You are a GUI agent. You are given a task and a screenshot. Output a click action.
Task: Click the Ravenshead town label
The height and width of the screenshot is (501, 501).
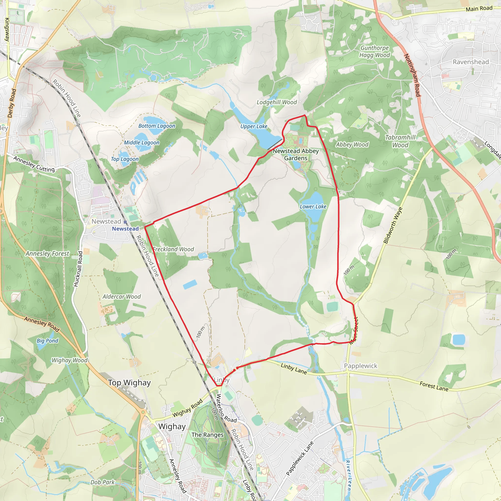[x=471, y=62]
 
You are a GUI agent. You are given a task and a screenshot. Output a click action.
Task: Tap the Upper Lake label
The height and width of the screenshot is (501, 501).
[x=254, y=126]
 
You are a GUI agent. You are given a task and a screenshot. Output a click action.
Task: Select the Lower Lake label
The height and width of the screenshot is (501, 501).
[x=313, y=207]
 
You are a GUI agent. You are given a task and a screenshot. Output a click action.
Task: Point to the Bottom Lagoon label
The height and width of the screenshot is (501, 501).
[x=157, y=126]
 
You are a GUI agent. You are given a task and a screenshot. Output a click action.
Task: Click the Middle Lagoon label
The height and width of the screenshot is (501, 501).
[x=142, y=143]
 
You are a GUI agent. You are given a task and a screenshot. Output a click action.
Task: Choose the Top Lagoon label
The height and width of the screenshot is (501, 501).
[x=125, y=159]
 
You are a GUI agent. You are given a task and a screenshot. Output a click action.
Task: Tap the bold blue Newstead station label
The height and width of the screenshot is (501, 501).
[x=125, y=229]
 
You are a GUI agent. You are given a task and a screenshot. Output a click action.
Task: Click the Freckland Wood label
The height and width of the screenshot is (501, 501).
[x=173, y=249]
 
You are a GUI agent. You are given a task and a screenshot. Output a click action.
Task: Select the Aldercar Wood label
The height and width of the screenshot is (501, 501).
[x=122, y=297]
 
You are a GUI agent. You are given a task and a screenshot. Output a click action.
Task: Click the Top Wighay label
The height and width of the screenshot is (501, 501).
[x=129, y=383]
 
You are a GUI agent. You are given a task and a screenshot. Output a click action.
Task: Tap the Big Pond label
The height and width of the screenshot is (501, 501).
[x=47, y=341]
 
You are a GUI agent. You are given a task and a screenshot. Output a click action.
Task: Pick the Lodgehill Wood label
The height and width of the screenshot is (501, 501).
[x=277, y=102]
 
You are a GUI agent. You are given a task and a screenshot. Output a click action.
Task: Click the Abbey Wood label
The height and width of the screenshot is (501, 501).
[x=352, y=145]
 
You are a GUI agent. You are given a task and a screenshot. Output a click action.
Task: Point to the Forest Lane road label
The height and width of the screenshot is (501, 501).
[x=434, y=386]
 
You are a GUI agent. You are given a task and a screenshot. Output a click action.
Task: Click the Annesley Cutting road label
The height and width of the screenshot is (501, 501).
[x=34, y=164]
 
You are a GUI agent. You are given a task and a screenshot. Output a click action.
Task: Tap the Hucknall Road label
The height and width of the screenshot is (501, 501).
[x=78, y=269]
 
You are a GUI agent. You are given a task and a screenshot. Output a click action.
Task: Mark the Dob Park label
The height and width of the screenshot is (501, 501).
[x=102, y=482]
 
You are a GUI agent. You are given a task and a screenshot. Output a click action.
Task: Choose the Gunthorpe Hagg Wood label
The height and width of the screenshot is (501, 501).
[x=375, y=52]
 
